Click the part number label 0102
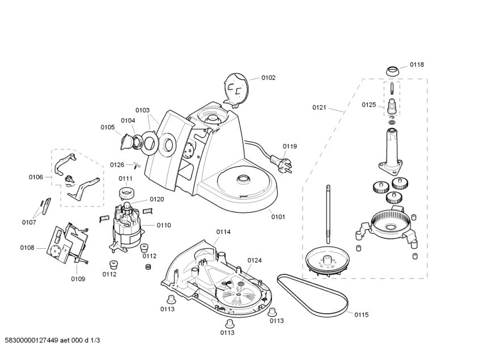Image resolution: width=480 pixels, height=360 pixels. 268,78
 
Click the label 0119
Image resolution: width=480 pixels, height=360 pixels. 290,146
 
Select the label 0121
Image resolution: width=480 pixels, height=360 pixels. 320,107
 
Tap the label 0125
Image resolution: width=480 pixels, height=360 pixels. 368,105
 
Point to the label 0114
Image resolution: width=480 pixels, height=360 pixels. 223,231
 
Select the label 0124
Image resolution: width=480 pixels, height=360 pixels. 254,260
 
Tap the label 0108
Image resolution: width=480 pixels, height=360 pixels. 27,248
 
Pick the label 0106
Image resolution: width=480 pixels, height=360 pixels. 36,177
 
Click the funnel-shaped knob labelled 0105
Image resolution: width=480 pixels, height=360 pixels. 126,140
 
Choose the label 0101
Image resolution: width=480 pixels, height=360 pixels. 278,216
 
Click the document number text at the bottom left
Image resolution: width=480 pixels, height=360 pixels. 56,340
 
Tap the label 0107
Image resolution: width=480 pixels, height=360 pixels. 29,222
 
